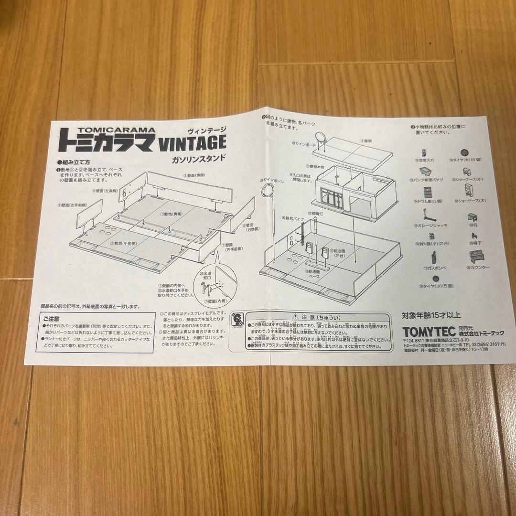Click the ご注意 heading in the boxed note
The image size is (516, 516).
[x=64, y=319]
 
